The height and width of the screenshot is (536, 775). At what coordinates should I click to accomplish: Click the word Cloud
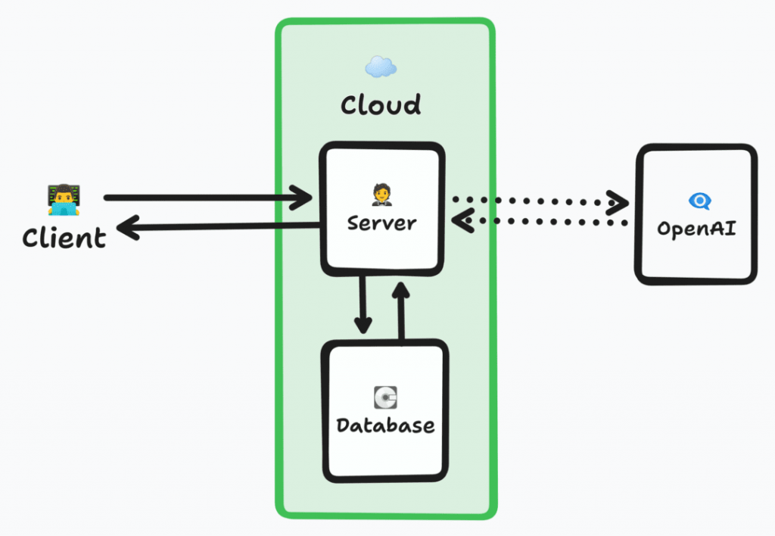(381, 104)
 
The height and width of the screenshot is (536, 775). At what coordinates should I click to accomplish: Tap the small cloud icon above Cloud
(381, 67)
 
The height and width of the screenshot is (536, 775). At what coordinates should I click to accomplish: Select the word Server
(381, 223)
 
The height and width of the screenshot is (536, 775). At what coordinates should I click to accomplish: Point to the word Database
(386, 425)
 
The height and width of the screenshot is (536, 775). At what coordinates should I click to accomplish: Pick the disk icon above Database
(386, 396)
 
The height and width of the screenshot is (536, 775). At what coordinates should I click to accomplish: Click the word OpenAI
(696, 228)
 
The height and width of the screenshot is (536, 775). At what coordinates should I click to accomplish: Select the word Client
(64, 238)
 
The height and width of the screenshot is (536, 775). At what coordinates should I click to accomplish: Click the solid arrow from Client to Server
(204, 198)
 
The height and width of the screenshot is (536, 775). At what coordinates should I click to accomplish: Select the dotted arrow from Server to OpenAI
(537, 202)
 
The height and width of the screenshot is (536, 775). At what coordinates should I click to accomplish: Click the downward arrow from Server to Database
(363, 303)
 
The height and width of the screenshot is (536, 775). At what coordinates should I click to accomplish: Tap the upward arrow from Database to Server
(400, 310)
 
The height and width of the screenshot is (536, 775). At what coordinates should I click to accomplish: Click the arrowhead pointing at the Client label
(130, 227)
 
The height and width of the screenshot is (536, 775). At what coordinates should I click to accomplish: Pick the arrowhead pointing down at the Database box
(363, 326)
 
